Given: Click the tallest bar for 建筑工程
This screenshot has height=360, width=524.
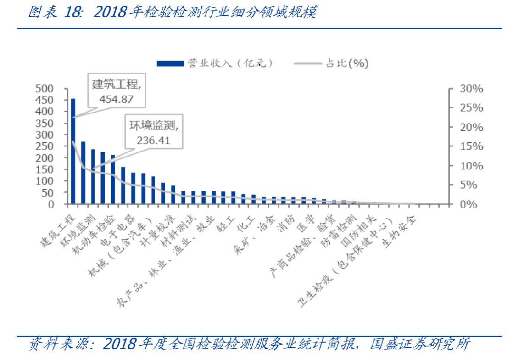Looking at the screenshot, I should click(73, 152).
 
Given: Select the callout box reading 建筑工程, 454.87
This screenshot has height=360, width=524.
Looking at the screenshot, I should click(117, 91).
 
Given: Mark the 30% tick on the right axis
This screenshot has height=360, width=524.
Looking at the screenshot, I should click(472, 89).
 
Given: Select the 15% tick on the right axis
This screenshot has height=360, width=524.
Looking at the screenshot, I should click(472, 146).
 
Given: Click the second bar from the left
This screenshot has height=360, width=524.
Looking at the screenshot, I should click(83, 173).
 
